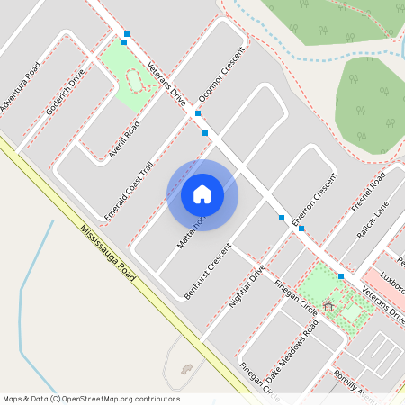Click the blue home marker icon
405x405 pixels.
click(202, 194)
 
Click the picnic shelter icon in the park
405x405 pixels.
click(328, 306)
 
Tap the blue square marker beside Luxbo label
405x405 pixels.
click(341, 275)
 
